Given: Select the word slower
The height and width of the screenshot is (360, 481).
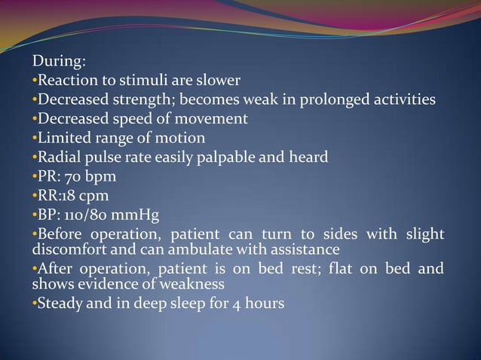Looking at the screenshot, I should click(219, 81).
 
